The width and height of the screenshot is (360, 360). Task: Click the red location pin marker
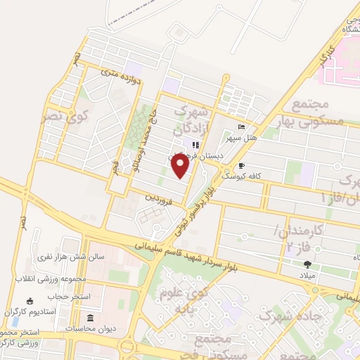click(x=181, y=166)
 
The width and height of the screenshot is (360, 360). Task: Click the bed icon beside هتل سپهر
click(x=242, y=127)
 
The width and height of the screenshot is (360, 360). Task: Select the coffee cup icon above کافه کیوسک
click(x=242, y=166)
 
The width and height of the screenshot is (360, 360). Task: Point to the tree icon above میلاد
click(x=307, y=264)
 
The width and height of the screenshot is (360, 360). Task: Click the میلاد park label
click(x=308, y=276)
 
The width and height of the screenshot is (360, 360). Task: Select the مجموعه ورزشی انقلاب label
click(x=53, y=278)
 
